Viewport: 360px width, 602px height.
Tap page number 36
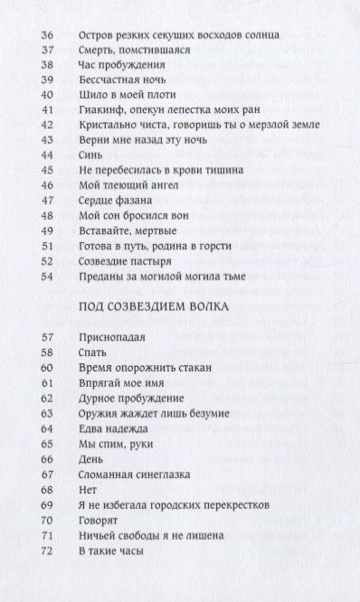[x=48, y=35]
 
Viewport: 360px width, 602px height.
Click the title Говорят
[x=100, y=521]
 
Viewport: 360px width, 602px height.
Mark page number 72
[x=48, y=550]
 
